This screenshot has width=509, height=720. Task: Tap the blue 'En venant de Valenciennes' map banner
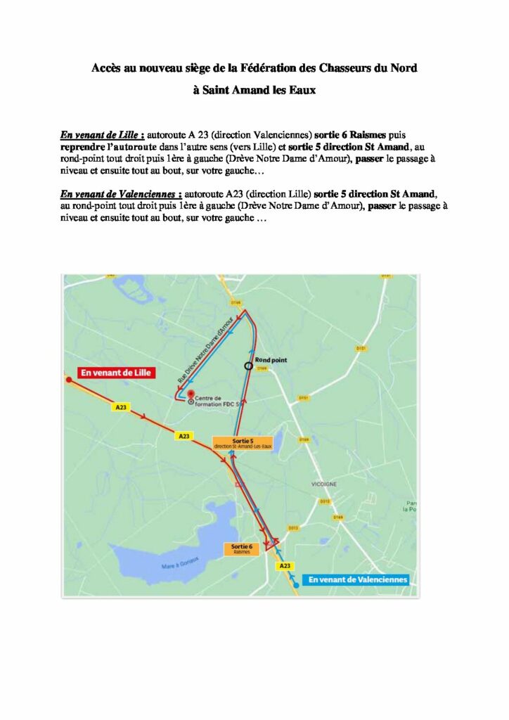tap(358, 579)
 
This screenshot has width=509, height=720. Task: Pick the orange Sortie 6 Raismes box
tap(243, 549)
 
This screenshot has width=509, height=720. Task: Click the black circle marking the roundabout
tap(247, 365)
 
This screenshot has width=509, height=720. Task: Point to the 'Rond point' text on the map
tap(271, 359)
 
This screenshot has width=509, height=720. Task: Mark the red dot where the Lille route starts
tap(68, 380)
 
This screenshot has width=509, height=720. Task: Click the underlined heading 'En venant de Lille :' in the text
tap(102, 134)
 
